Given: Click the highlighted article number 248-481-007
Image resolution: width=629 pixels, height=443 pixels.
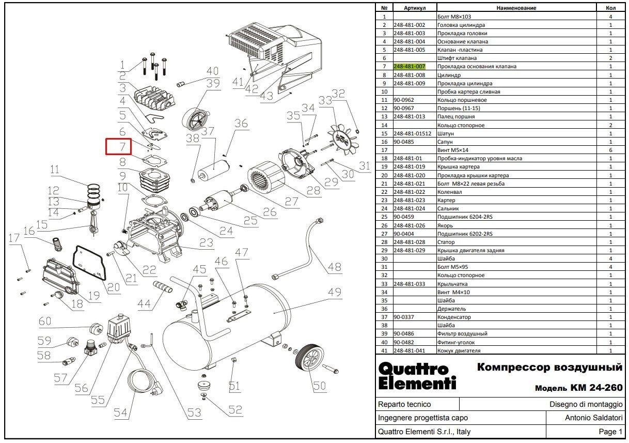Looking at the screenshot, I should [409, 67].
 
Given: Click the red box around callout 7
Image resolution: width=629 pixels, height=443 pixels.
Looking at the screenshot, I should [118, 147].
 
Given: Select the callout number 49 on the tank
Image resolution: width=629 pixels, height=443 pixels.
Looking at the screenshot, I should [335, 292].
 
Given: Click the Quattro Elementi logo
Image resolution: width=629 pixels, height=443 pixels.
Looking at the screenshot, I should [417, 376].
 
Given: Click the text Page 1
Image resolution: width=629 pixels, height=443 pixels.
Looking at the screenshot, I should [610, 432].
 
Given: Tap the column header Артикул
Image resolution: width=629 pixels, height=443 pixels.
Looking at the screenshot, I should [415, 8].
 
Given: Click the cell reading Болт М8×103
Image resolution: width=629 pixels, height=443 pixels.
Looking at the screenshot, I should [454, 17].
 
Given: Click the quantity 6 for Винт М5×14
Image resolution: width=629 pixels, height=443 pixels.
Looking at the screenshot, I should [611, 150].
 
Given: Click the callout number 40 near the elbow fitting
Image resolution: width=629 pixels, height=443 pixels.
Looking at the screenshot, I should [212, 71].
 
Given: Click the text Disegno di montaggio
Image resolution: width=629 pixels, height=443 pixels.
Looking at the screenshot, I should [586, 404].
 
